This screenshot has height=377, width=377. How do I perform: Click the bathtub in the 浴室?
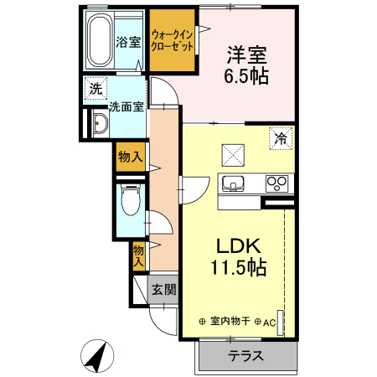(x=101, y=42)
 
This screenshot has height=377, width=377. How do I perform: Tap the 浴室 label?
(x=128, y=42)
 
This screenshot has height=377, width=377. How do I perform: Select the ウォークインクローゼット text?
(x=173, y=41)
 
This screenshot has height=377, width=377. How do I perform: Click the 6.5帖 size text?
(x=246, y=75)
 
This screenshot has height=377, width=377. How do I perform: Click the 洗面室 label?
(x=127, y=107)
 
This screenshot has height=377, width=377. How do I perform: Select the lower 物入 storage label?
(x=138, y=255)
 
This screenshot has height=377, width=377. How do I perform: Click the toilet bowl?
(x=130, y=201)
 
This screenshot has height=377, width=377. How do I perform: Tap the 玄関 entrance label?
(x=163, y=291)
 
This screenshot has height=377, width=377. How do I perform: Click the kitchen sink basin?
(x=232, y=184)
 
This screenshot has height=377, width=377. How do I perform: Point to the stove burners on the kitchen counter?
(x=276, y=183)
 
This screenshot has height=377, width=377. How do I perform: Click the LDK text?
(x=240, y=247)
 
